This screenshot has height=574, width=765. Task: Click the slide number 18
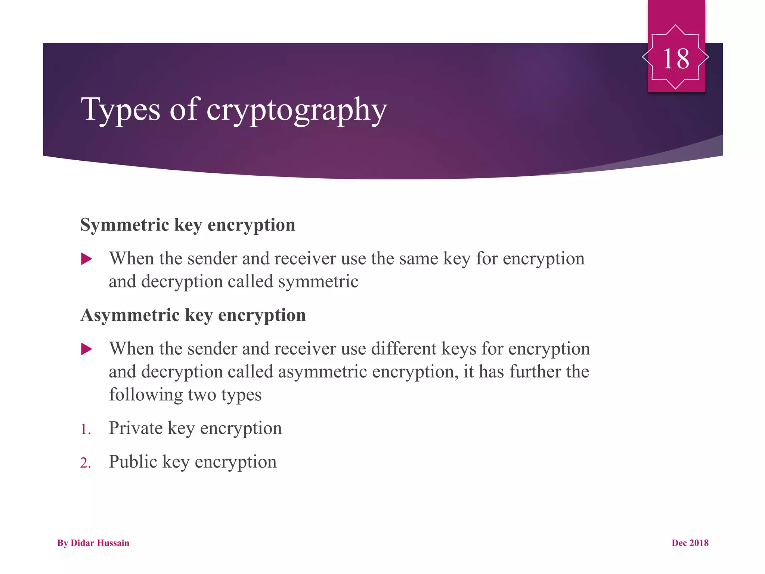pyautogui.click(x=676, y=59)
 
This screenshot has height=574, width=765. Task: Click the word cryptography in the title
pyautogui.click(x=297, y=110)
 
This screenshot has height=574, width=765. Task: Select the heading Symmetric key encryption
pyautogui.click(x=188, y=225)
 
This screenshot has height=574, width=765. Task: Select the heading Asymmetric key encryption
pyautogui.click(x=193, y=315)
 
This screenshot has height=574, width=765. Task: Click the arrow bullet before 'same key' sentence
pyautogui.click(x=87, y=259)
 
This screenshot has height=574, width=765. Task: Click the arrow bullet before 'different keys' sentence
pyautogui.click(x=87, y=349)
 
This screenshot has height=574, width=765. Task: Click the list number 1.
pyautogui.click(x=86, y=429)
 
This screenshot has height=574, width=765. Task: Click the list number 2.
pyautogui.click(x=86, y=463)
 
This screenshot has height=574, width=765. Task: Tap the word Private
pyautogui.click(x=136, y=428)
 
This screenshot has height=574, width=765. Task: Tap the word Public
pyautogui.click(x=133, y=462)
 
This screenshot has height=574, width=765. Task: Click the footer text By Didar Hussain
pyautogui.click(x=93, y=543)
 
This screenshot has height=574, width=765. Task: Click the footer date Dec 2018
pyautogui.click(x=690, y=543)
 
